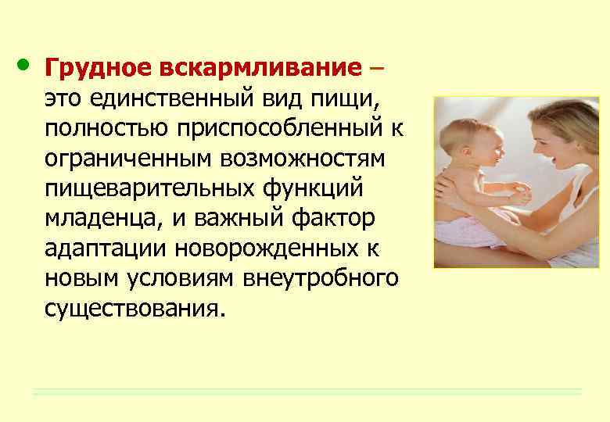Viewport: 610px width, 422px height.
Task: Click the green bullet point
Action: coord(23,65)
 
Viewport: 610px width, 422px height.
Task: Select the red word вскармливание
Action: coord(260,67)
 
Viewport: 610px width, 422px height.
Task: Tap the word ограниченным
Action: coord(127,159)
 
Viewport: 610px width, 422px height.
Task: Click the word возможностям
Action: coord(303,159)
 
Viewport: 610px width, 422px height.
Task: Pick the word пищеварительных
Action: coord(150,189)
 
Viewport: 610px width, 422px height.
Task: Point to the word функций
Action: coord(313,189)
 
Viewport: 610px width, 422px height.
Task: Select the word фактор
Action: coord(333,219)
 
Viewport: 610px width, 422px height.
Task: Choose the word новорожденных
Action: coord(266,249)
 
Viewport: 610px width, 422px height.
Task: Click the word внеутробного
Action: coord(321,279)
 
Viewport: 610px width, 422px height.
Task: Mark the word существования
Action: coord(135,309)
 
